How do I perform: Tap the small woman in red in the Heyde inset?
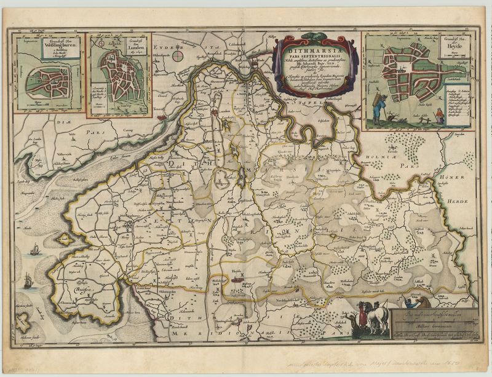439,114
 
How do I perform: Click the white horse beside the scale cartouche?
377,318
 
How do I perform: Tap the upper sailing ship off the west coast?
35,250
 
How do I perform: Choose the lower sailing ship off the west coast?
27,281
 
